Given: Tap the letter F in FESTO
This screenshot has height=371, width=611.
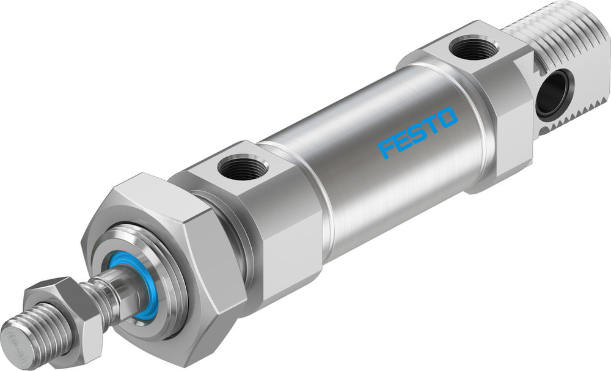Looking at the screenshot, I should click(387, 148).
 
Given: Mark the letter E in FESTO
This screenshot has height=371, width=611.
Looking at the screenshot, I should click(402, 140).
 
